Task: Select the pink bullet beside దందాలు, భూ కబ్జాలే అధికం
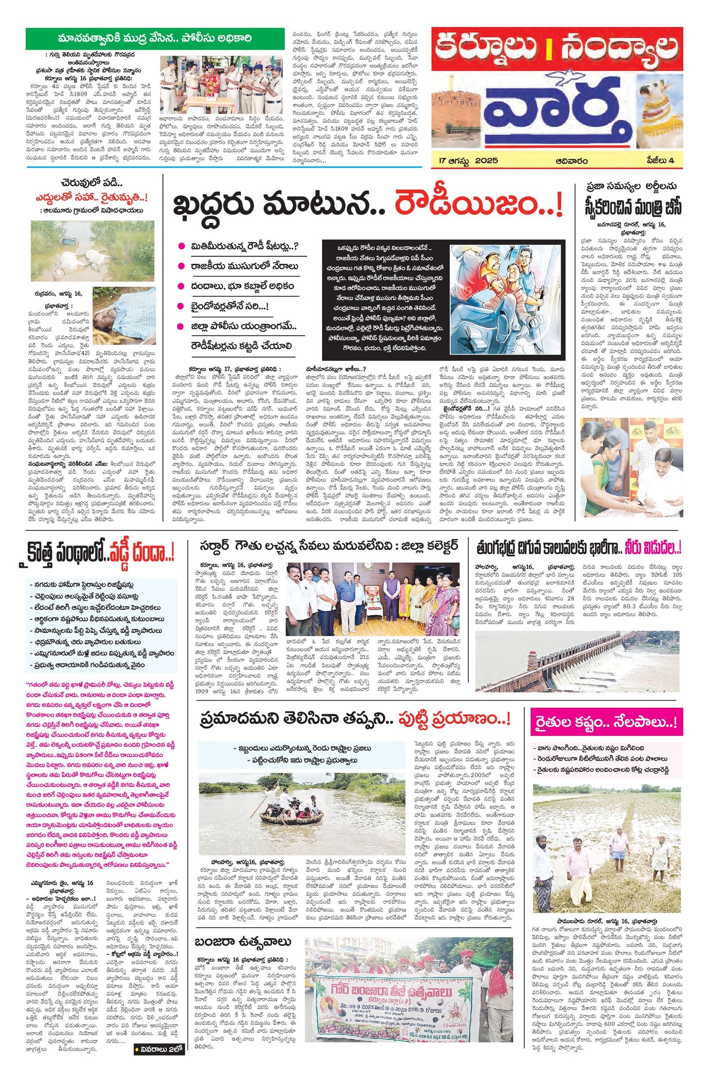click(181, 286)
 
